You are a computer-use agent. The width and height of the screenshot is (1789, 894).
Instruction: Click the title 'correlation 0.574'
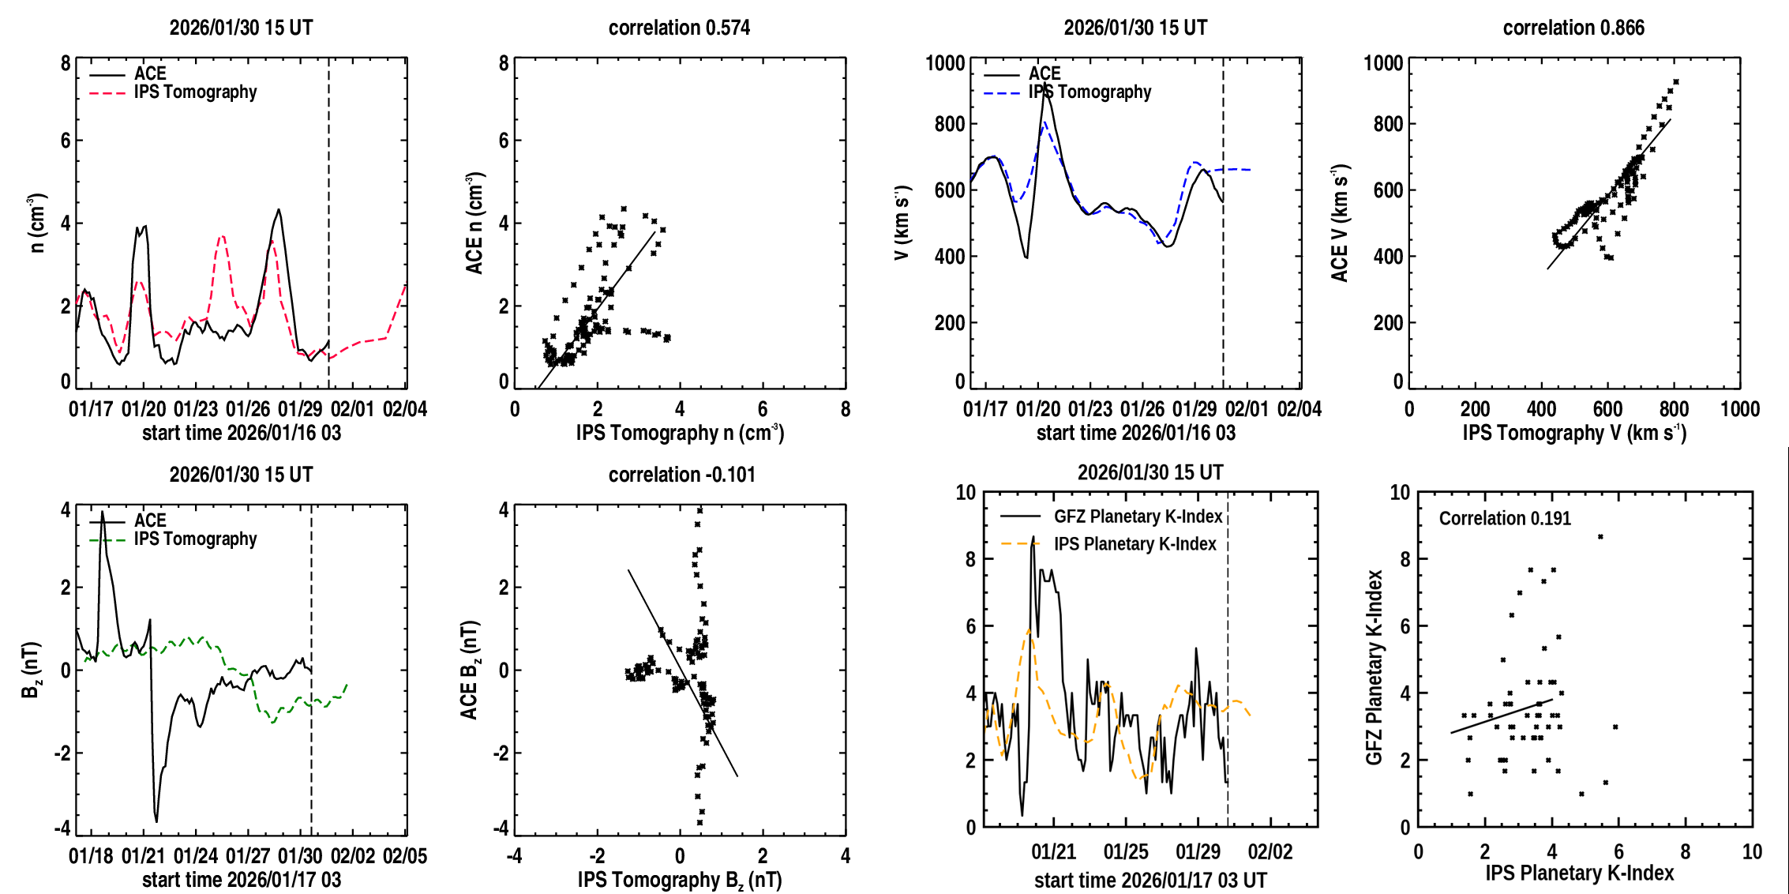tap(679, 28)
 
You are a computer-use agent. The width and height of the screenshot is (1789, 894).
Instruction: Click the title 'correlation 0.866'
tap(1573, 28)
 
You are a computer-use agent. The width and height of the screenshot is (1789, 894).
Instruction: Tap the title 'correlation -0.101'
tap(681, 475)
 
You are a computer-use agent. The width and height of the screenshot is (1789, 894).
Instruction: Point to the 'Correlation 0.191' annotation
tap(1505, 518)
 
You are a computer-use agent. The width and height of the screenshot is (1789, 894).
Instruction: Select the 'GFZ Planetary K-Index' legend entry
tap(1138, 516)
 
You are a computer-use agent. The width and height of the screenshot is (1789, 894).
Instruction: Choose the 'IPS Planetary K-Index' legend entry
tap(1135, 544)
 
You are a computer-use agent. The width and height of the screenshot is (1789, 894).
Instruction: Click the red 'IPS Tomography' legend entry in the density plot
tap(195, 92)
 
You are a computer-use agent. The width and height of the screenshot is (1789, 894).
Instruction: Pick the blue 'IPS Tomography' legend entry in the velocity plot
tap(1090, 92)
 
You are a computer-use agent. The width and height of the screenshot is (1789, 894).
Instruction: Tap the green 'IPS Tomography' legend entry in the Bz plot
tap(195, 539)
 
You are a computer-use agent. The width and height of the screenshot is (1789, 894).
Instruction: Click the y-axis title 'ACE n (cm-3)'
tap(474, 223)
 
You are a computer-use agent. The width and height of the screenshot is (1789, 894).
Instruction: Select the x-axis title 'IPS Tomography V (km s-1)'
tap(1574, 433)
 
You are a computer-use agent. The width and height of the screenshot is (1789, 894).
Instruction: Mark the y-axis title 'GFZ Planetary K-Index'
tap(1375, 667)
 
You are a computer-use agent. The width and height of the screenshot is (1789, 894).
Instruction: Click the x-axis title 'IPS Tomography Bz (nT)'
tap(680, 880)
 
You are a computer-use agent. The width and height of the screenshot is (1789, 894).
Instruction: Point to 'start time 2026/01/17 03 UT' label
tap(1150, 880)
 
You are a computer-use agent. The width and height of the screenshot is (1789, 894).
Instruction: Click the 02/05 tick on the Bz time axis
tap(405, 856)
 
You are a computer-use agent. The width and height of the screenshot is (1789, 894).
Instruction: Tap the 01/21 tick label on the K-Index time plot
tap(1053, 852)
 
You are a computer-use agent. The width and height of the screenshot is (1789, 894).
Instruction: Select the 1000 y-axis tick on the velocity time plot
tap(945, 63)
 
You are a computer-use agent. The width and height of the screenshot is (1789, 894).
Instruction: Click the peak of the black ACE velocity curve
tap(1045, 84)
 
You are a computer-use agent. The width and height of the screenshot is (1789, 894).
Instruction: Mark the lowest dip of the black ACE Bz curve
tap(156, 821)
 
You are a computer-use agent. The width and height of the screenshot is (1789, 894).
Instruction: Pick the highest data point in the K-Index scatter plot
tap(1600, 537)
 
